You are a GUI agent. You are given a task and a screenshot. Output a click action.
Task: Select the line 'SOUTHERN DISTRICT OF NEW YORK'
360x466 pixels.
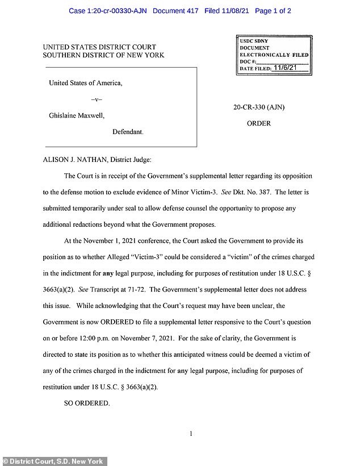coord(103,55)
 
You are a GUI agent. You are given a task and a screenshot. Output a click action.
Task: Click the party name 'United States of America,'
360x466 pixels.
coord(86,83)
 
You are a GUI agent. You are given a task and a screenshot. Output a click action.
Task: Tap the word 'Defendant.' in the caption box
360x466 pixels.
coord(128,131)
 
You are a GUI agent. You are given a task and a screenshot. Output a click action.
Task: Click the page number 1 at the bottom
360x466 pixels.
coord(191,435)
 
